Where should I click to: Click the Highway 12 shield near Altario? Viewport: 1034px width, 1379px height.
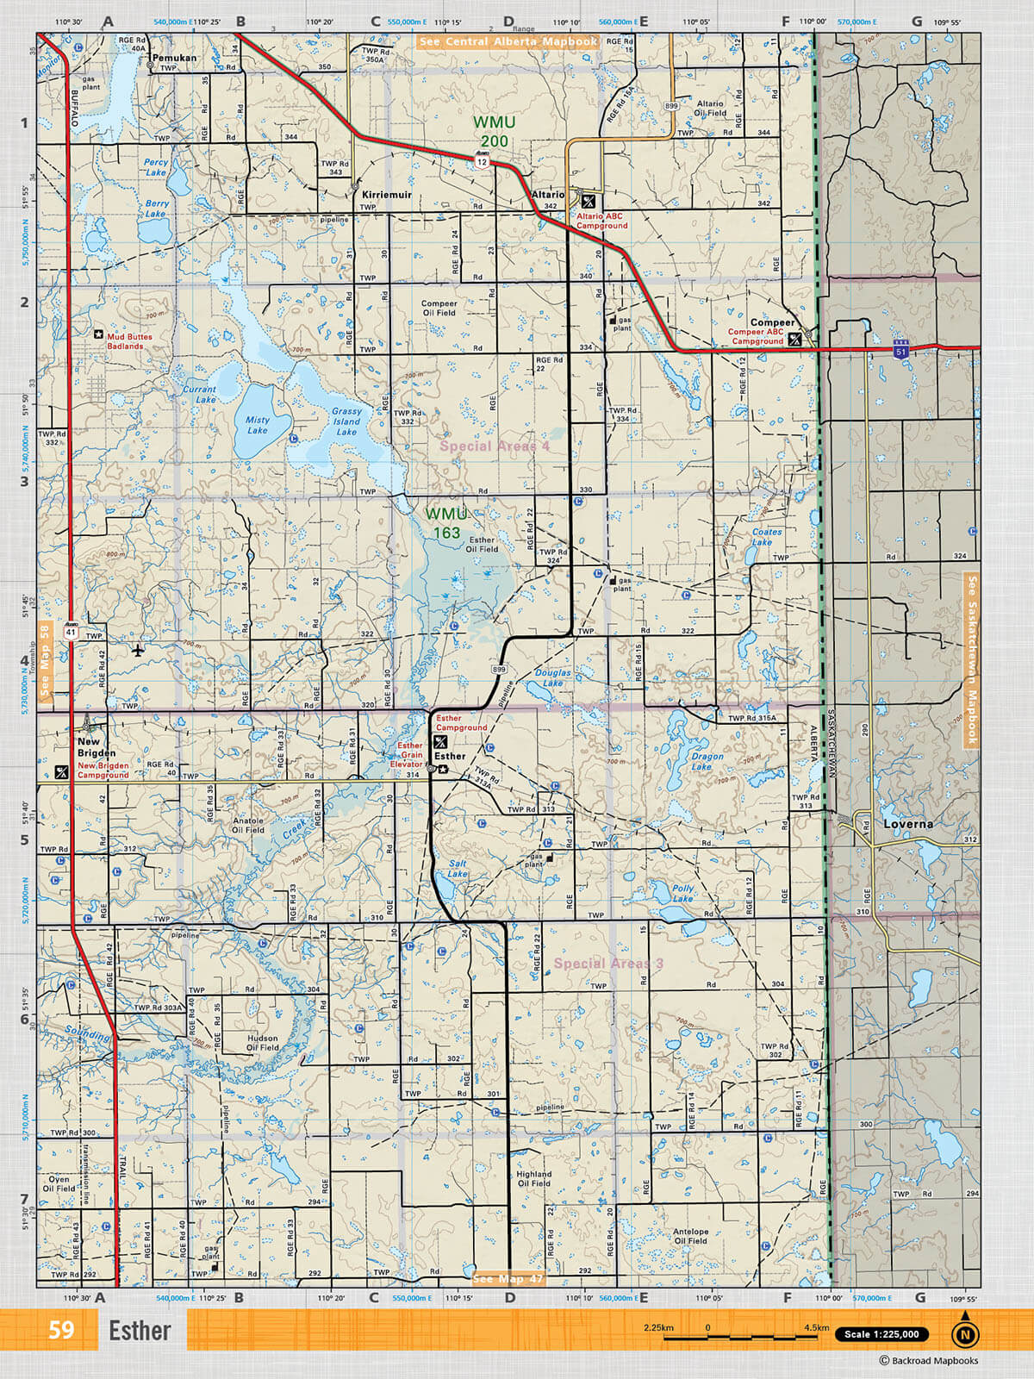(x=482, y=160)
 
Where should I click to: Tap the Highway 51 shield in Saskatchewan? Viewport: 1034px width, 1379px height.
(x=901, y=350)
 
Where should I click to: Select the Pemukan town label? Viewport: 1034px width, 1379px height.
(x=174, y=59)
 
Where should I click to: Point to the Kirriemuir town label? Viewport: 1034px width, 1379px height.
(x=386, y=195)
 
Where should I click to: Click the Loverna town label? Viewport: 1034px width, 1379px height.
(x=908, y=824)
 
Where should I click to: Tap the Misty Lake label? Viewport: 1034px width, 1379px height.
(x=257, y=425)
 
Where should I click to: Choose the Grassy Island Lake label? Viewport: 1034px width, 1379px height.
(x=346, y=421)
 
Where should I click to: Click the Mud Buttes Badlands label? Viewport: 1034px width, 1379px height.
(x=129, y=341)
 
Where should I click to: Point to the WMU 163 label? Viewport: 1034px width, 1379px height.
(x=445, y=523)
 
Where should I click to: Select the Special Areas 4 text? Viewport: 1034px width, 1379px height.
(x=495, y=446)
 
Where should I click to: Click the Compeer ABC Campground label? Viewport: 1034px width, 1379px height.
(x=756, y=336)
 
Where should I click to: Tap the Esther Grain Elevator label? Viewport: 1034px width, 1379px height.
(x=409, y=755)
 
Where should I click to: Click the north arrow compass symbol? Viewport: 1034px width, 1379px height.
(x=965, y=1332)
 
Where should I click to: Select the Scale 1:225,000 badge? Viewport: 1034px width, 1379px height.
(x=881, y=1334)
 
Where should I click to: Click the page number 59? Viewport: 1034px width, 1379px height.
(x=61, y=1330)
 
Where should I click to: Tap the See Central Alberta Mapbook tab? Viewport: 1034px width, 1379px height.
(x=508, y=41)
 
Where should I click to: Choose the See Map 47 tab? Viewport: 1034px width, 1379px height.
(x=508, y=1279)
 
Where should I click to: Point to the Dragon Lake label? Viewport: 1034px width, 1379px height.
(x=707, y=761)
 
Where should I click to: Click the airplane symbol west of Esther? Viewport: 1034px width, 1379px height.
(x=139, y=650)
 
